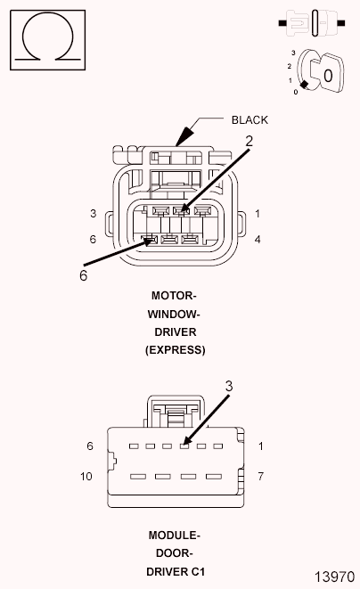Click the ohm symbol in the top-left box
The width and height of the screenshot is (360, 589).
[x=48, y=41]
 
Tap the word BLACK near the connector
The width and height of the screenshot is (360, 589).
[x=250, y=119]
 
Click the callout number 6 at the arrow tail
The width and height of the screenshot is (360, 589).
[x=83, y=276]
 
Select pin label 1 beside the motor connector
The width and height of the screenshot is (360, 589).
[x=257, y=214]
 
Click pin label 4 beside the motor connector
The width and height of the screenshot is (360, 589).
[x=257, y=240]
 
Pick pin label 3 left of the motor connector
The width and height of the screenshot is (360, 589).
[x=93, y=214]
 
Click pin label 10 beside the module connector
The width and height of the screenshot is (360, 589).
[x=86, y=477]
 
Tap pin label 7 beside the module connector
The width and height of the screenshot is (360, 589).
[x=260, y=477]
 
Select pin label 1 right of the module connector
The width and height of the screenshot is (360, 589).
[x=260, y=446]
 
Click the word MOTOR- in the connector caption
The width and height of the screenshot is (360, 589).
[x=175, y=295]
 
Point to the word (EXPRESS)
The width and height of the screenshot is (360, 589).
[x=175, y=350]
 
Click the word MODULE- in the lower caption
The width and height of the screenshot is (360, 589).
[x=175, y=536]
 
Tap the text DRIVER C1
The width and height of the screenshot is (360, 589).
[x=175, y=571]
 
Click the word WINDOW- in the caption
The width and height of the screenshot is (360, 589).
[x=175, y=314]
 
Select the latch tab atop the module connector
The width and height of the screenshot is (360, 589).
[x=175, y=411]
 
